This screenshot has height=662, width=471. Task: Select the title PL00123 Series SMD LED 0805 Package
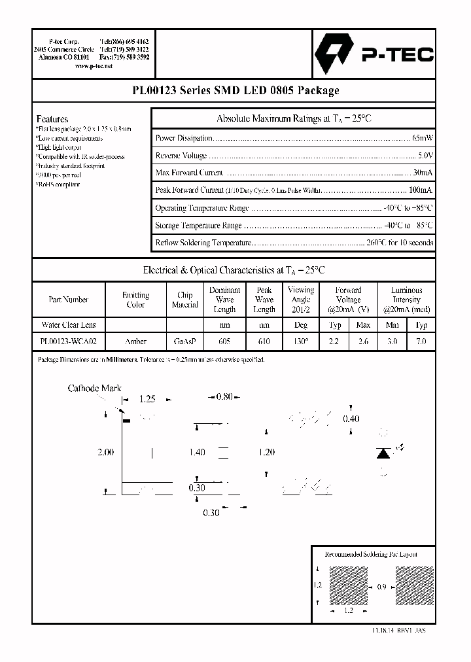point(235,91)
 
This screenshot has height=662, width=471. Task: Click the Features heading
point(52,119)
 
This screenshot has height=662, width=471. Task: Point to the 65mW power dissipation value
point(422,138)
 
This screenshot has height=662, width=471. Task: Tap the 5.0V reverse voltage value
point(425,156)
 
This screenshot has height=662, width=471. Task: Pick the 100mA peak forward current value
point(420,190)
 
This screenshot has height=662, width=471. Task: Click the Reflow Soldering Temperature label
point(203,243)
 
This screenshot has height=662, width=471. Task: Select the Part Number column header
point(68,300)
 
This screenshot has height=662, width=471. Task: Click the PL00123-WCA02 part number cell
point(68,341)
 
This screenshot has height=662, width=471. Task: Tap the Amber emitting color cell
point(135,341)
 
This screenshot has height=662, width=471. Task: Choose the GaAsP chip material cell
point(184,341)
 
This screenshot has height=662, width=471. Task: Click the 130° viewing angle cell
point(300,341)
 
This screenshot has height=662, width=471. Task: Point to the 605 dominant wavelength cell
point(224,341)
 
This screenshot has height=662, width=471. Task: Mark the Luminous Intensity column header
point(406,300)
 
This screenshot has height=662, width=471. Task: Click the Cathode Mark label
point(94,389)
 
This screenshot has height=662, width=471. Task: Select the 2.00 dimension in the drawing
point(105,452)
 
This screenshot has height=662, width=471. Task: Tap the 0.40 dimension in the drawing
point(351,419)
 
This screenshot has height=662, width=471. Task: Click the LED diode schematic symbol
point(385,453)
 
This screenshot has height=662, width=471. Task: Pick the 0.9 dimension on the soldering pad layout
point(381,587)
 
